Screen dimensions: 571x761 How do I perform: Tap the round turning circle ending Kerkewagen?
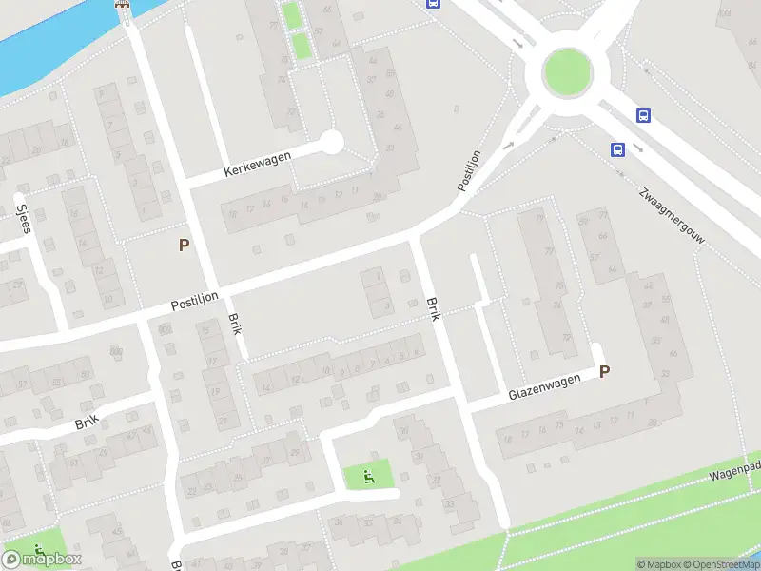pyautogui.click(x=331, y=143)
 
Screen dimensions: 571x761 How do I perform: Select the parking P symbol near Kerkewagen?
pyautogui.click(x=185, y=245)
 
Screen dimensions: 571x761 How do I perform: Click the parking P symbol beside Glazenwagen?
pyautogui.click(x=603, y=372)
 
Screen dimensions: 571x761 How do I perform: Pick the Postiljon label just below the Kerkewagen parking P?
pyautogui.click(x=196, y=298)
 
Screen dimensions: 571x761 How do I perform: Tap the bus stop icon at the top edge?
pyautogui.click(x=434, y=3)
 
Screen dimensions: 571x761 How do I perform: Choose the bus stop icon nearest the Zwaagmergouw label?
pyautogui.click(x=618, y=149)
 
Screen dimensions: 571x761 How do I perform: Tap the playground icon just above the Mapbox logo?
pyautogui.click(x=38, y=549)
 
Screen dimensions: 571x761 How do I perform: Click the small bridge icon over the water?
pyautogui.click(x=122, y=4)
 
